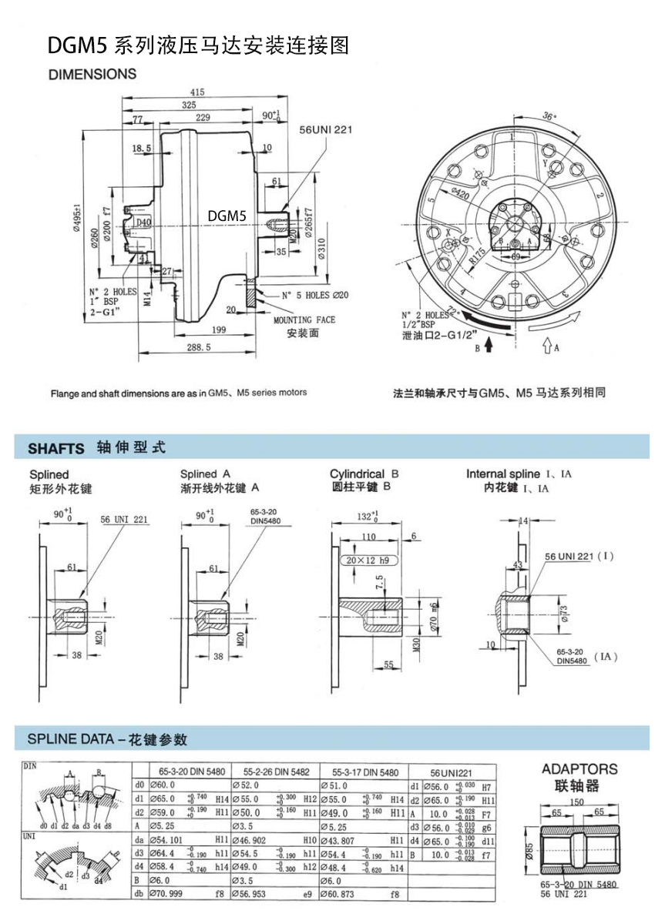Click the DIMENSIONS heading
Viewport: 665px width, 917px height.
pyautogui.click(x=92, y=75)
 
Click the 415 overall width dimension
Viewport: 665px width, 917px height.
pyautogui.click(x=197, y=92)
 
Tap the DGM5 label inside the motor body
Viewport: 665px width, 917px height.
pyautogui.click(x=227, y=216)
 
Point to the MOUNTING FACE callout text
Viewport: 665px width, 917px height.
pyautogui.click(x=304, y=320)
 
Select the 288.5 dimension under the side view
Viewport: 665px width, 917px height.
pyautogui.click(x=198, y=348)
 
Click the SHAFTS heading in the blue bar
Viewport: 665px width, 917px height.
pyautogui.click(x=55, y=448)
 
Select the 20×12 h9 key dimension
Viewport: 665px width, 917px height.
pyautogui.click(x=368, y=560)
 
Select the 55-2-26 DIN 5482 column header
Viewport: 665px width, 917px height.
pyautogui.click(x=275, y=771)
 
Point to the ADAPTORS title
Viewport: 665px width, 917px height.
pyautogui.click(x=579, y=768)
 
